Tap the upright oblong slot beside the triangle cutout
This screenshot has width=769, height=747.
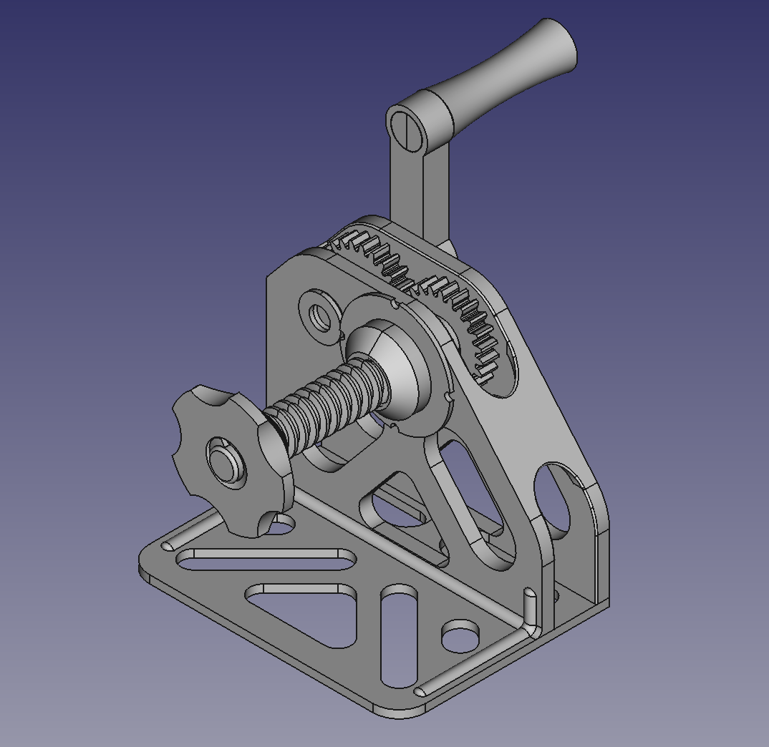tap(399, 637)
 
